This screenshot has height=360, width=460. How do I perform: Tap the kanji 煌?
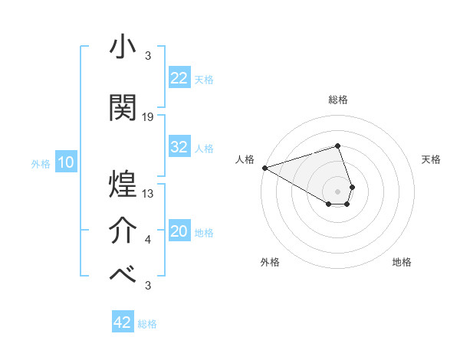[x=123, y=184]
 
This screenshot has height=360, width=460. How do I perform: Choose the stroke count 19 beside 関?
[x=148, y=117]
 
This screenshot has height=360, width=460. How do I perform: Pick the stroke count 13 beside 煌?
[x=148, y=194]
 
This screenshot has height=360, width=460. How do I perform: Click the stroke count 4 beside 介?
[x=147, y=241]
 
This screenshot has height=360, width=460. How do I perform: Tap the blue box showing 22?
[x=179, y=78]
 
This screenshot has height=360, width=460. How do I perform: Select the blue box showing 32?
[x=179, y=147]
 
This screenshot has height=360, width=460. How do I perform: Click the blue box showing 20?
[x=179, y=232]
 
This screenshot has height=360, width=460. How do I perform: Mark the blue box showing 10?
[x=65, y=162]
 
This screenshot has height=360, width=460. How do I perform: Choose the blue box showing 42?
[x=123, y=322]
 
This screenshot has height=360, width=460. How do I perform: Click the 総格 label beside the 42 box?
[x=147, y=324]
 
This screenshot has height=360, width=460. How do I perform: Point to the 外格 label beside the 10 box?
[x=41, y=163]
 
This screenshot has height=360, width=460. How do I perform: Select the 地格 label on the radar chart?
[x=402, y=262]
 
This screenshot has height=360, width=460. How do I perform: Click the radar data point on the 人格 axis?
[x=264, y=168]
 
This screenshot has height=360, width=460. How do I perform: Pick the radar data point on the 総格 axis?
[x=337, y=146]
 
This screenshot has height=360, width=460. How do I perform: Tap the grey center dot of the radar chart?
[x=337, y=191]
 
